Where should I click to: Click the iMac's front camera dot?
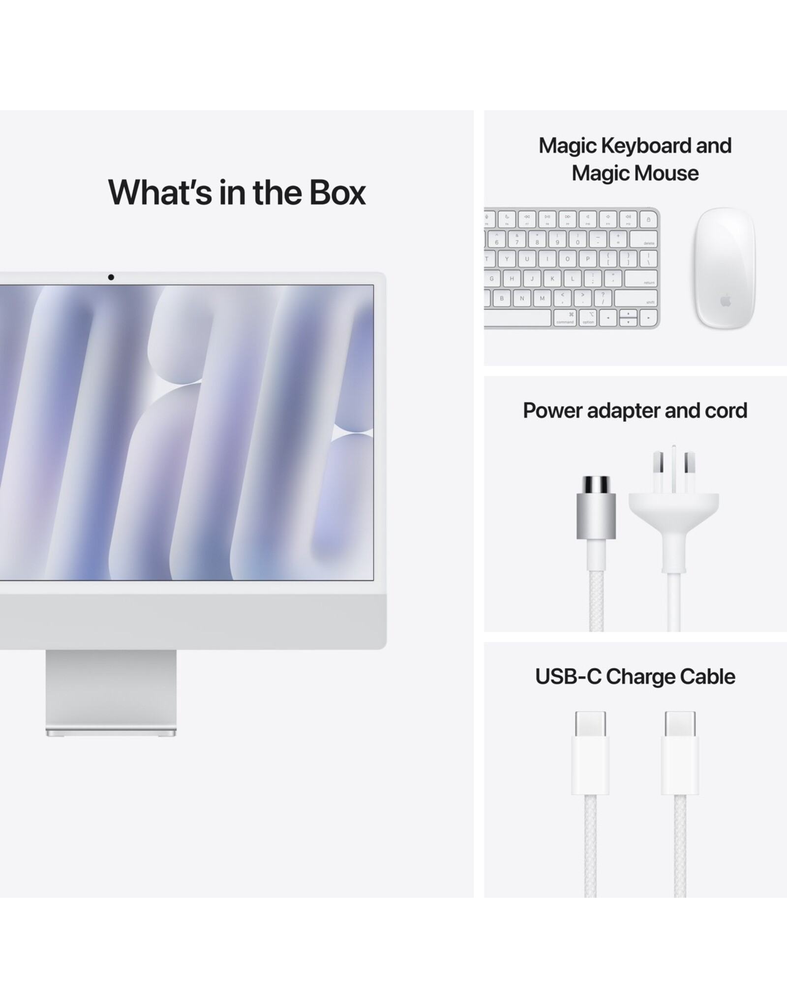(111, 278)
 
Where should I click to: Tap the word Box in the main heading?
(337, 192)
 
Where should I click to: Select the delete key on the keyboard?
(644, 239)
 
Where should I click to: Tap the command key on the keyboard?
(565, 318)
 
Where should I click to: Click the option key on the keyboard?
(588, 318)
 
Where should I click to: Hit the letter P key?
(588, 259)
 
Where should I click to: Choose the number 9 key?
(557, 239)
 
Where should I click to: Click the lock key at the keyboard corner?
(648, 219)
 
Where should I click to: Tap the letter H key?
(512, 279)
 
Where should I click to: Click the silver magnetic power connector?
(596, 507)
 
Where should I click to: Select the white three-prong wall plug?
(674, 509)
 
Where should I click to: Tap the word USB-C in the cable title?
(568, 677)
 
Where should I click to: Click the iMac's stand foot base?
(111, 732)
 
